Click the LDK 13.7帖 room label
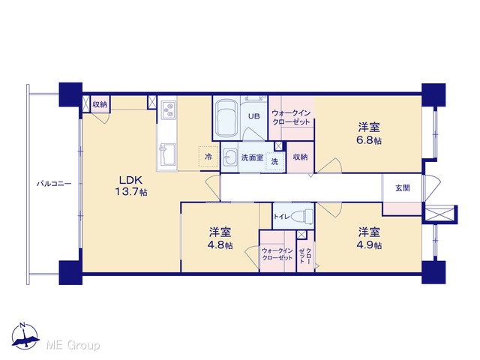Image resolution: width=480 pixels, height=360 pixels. (131, 186)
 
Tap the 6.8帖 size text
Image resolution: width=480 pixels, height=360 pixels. (369, 140)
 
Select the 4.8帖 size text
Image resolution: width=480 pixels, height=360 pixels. (220, 245)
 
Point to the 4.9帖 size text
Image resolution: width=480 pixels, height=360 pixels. (369, 245)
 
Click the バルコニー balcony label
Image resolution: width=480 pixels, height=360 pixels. (54, 184)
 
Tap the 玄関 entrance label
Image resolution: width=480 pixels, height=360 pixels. (403, 188)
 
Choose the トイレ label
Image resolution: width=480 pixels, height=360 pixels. (281, 217)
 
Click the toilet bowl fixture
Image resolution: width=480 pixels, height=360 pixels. (301, 216)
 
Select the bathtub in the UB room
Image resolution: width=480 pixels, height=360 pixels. (226, 118)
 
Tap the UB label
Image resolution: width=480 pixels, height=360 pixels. (253, 116)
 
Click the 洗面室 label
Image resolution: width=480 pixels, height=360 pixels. (252, 157)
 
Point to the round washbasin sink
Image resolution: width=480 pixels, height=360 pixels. (228, 157)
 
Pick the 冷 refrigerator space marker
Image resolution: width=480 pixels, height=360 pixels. (208, 157)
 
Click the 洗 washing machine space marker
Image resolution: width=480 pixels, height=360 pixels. (274, 161)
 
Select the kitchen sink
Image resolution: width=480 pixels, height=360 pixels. (166, 154)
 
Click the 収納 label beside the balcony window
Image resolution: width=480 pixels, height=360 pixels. (100, 104)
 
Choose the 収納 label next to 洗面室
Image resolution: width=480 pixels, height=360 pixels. (300, 157)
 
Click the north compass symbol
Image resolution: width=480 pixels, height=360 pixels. (25, 336)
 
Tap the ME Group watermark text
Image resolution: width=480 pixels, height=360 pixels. (73, 345)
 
